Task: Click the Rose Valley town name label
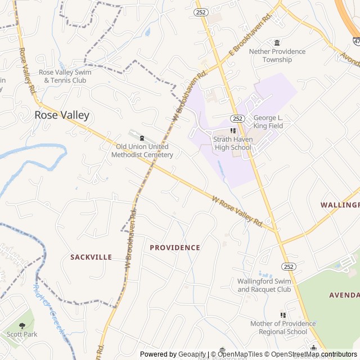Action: click(x=62, y=115)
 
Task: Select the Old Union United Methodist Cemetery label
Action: click(x=142, y=151)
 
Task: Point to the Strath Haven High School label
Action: click(x=232, y=143)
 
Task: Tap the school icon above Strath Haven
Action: click(x=233, y=130)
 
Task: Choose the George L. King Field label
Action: click(x=268, y=122)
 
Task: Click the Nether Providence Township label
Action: click(x=277, y=55)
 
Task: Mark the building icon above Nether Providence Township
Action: click(x=277, y=43)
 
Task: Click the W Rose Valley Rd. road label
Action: click(x=238, y=211)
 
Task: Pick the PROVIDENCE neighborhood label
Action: click(x=175, y=247)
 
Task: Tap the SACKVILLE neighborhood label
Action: click(x=91, y=257)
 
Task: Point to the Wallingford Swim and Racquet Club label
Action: click(x=264, y=285)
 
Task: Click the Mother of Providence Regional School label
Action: click(x=279, y=327)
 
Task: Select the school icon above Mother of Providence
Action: click(x=283, y=315)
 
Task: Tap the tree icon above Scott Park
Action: click(x=22, y=326)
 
